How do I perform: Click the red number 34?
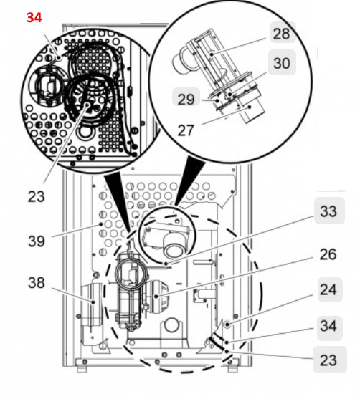[34, 17]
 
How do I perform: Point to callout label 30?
[282, 63]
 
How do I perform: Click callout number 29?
[186, 99]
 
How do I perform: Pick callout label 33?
[328, 212]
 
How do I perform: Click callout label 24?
[328, 291]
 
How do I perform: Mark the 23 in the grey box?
[328, 360]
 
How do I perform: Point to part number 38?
[37, 282]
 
